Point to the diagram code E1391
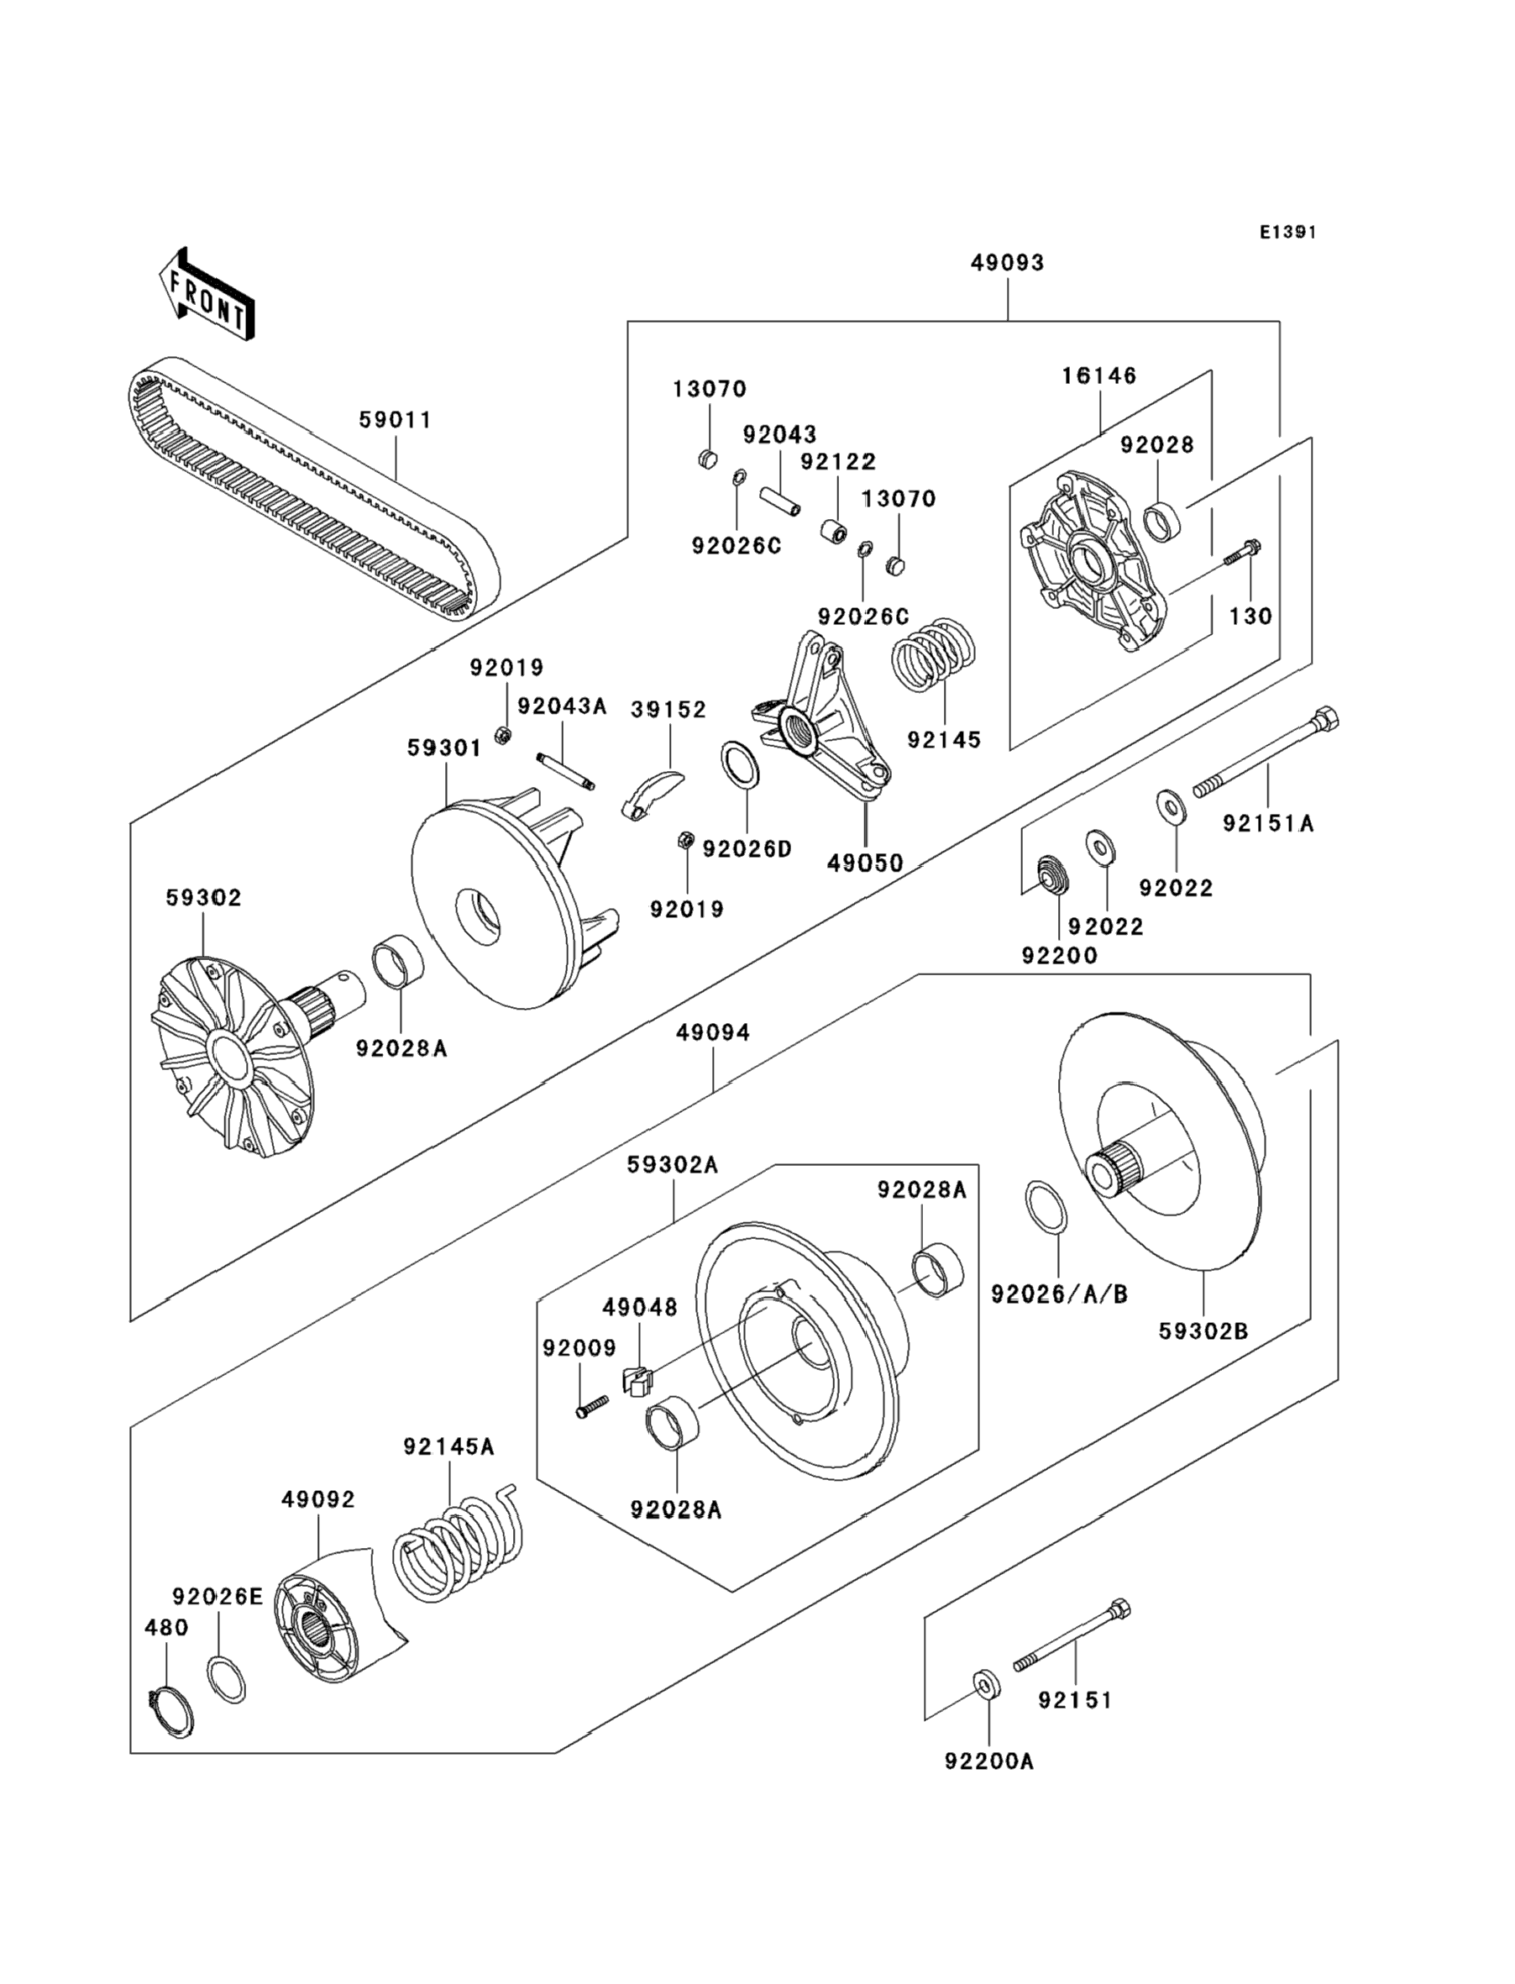click(1287, 233)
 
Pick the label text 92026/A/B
click(1060, 1294)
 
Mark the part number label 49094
click(713, 1031)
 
